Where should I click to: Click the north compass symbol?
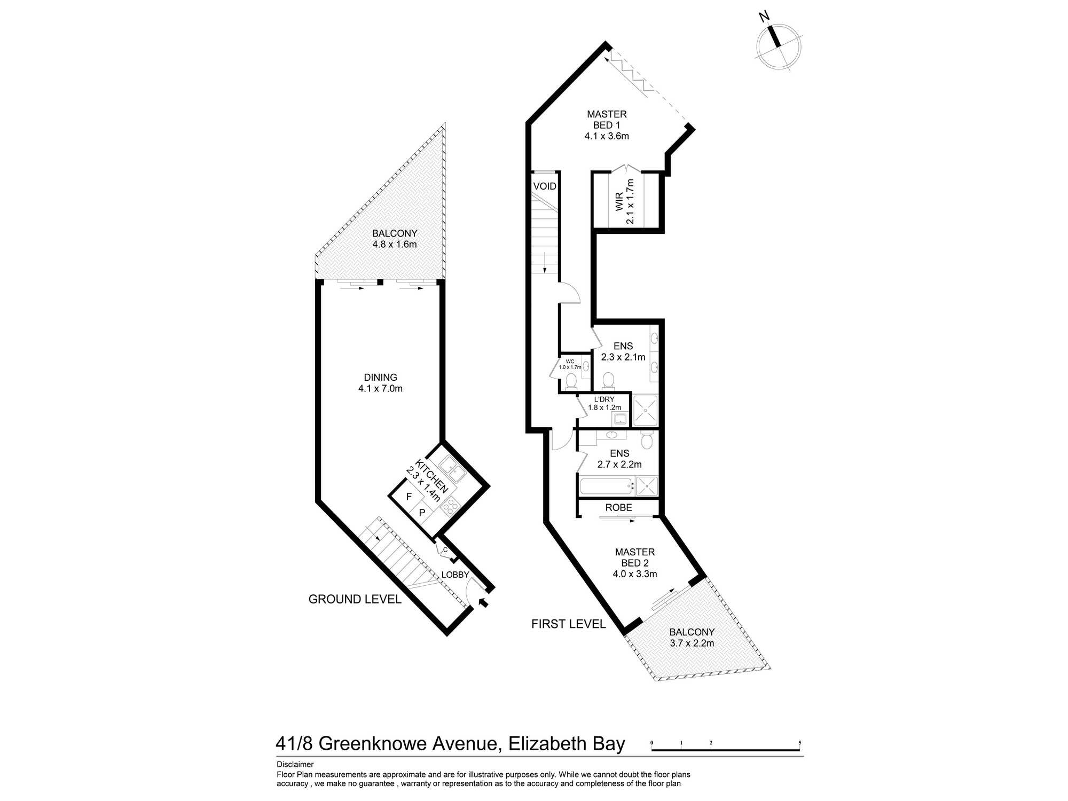coord(779,46)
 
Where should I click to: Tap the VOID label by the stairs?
coord(545,186)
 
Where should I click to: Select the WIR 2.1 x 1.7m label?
coord(625,202)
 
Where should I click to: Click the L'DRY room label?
coord(604,399)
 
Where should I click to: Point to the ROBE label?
coord(619,507)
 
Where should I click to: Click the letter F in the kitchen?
coord(409,497)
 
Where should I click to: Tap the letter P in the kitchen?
coord(422,513)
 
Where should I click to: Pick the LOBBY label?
coord(455,575)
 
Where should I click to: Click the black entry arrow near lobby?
coord(483,602)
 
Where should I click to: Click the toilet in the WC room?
coord(571,381)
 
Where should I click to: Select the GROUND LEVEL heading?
coord(355,599)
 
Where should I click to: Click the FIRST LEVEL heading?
coord(568,624)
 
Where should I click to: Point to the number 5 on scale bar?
coord(799,743)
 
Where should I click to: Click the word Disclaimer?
coord(295,764)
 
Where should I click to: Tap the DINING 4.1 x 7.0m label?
coord(380,383)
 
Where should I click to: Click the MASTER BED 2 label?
coord(634,557)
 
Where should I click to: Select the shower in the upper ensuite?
coord(645,411)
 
